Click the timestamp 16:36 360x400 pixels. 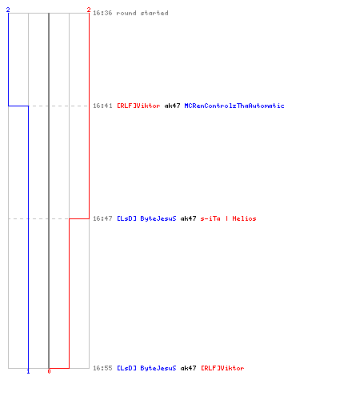tap(102, 13)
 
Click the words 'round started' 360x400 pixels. tap(142, 13)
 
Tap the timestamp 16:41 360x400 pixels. tap(102, 106)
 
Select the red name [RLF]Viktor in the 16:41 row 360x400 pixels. tap(138, 106)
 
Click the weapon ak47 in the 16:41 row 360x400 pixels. tap(172, 106)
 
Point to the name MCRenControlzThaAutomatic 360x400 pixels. tap(234, 106)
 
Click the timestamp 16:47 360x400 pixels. tap(102, 218)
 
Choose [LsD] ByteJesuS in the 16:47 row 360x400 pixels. tap(146, 218)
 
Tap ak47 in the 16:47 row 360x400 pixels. tap(188, 218)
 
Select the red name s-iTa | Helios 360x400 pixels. tap(228, 218)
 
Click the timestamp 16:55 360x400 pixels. tap(102, 368)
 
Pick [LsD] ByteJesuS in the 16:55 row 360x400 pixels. tap(146, 368)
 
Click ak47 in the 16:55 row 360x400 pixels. tap(188, 368)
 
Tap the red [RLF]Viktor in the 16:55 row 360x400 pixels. tap(222, 368)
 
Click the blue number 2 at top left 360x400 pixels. tap(8, 10)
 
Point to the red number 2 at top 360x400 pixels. tap(89, 10)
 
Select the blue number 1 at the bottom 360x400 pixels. tap(28, 371)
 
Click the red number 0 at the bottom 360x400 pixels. tap(49, 371)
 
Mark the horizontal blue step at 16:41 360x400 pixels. tap(18, 106)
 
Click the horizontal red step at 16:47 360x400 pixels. tap(79, 218)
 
